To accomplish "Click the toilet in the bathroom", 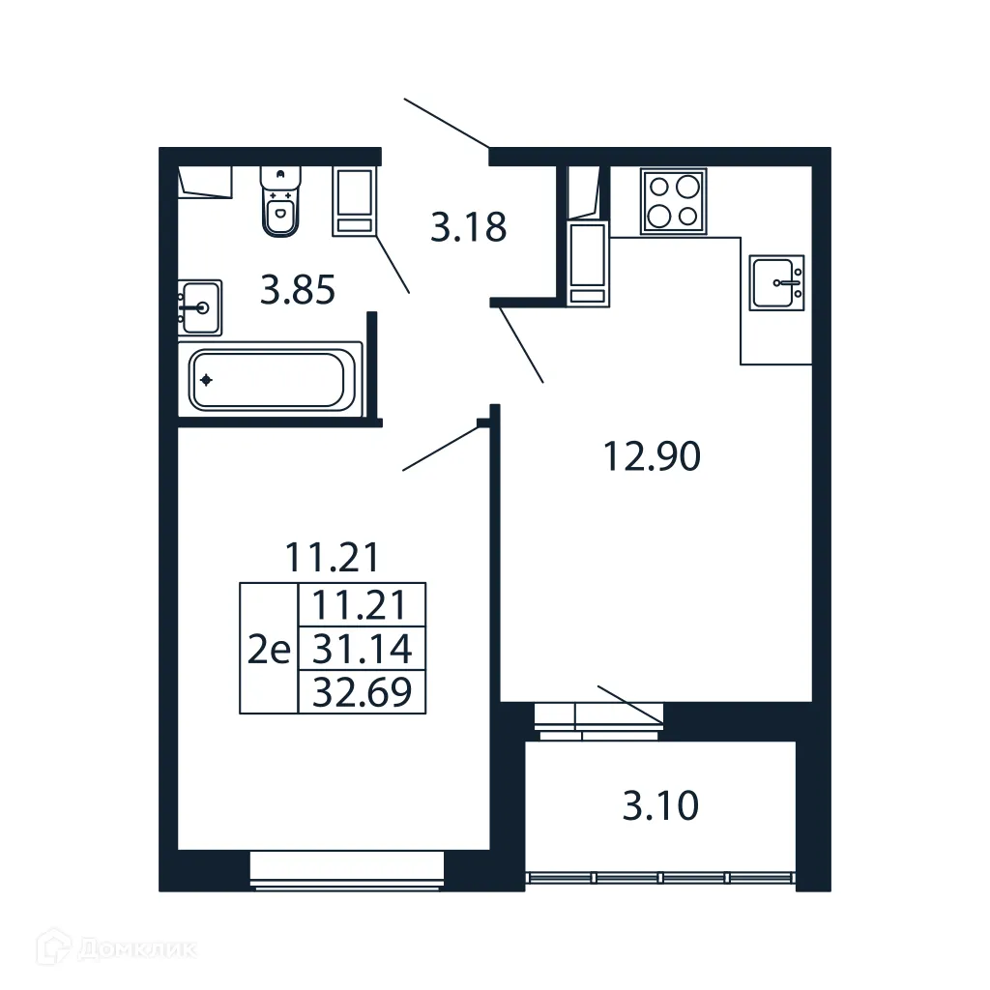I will pos(280,202).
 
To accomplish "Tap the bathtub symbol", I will pos(268,380).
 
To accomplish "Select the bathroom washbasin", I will pos(199,307).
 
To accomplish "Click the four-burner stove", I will pos(673,201).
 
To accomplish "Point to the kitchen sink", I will pos(776,282).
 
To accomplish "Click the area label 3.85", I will pos(298,289).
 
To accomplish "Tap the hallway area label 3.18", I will pos(468,228).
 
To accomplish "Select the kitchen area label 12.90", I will pos(651,455).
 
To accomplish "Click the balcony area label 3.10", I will pos(660,804).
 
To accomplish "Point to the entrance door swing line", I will pos(446,123).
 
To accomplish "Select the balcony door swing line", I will pos(630,703).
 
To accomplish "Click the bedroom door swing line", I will pos(441,447).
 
